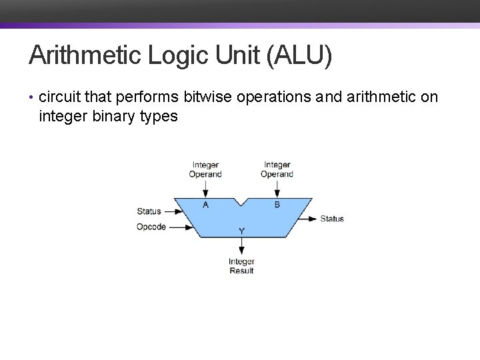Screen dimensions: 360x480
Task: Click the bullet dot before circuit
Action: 32,98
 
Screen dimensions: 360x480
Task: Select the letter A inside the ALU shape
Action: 205,205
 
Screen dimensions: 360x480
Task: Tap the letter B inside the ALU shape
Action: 277,205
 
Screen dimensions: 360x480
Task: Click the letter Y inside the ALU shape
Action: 241,231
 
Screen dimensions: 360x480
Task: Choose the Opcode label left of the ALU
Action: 151,227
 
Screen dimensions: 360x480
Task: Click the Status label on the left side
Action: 149,211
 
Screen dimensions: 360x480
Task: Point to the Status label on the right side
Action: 332,219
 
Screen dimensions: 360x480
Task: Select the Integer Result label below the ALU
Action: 241,266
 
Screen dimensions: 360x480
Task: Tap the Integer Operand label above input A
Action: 205,169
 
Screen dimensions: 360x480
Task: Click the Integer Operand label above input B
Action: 277,169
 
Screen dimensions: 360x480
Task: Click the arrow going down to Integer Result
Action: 241,247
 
